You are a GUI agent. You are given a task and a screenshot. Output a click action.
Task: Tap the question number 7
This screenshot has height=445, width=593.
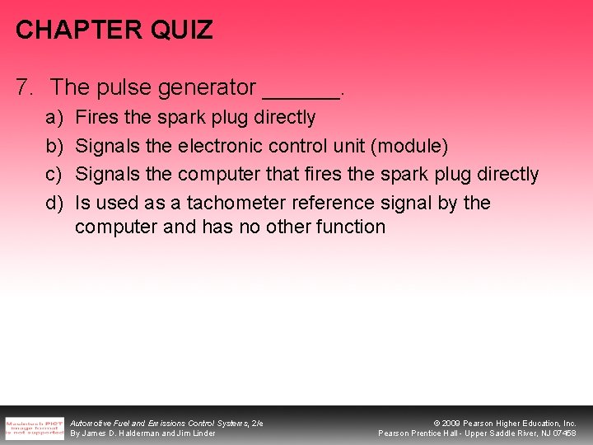24,86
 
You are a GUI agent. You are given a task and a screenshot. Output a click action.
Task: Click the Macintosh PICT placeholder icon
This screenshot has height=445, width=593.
33,426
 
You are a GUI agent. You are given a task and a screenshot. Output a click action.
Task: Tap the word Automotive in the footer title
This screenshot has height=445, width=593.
91,423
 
